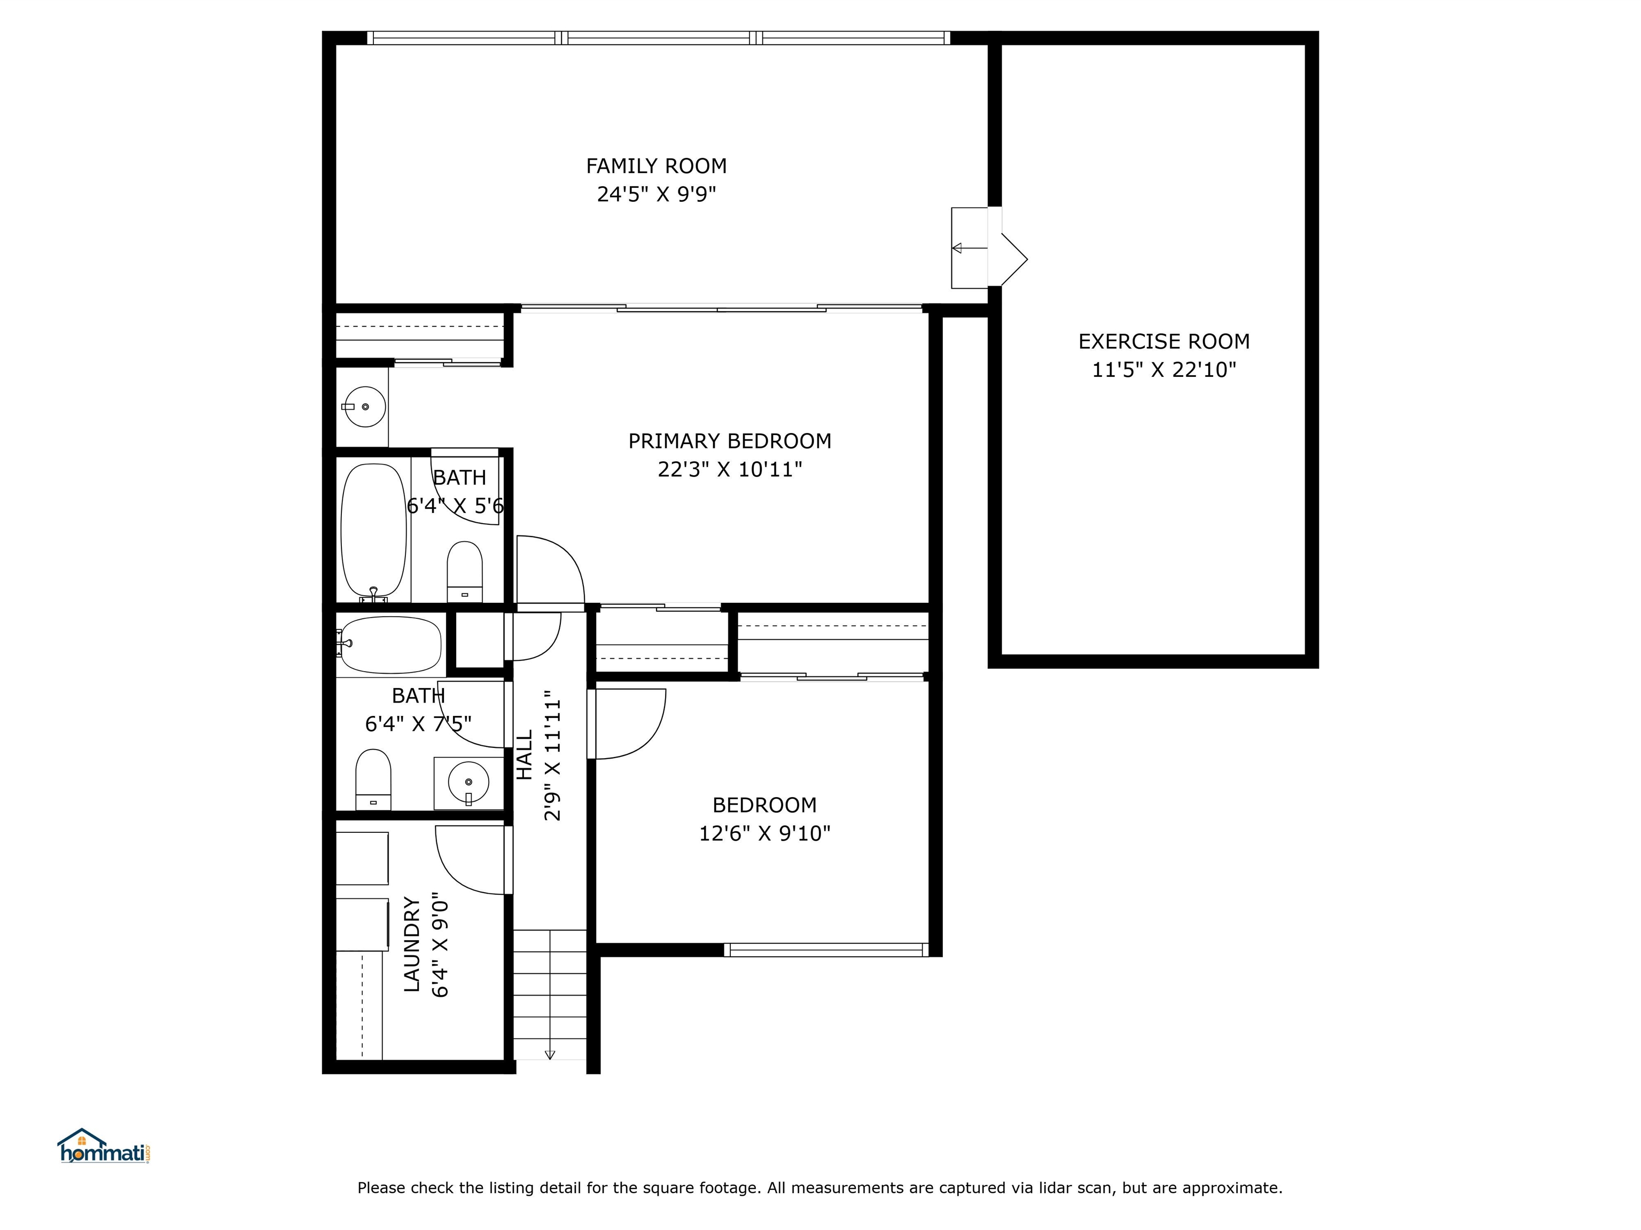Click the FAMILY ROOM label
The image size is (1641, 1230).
coord(656,166)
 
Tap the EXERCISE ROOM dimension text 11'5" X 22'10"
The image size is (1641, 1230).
coord(1163,370)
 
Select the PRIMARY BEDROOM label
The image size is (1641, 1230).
coord(729,441)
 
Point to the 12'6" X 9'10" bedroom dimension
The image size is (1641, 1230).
coord(764,833)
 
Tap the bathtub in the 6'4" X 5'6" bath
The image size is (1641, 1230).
coord(374,530)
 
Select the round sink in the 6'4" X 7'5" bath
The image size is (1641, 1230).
coord(468,782)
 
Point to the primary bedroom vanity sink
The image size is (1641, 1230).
coord(364,406)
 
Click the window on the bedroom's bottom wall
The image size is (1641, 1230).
coord(826,950)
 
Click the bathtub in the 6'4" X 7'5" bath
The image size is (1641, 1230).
coord(390,644)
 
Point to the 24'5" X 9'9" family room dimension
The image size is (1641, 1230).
coord(656,195)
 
